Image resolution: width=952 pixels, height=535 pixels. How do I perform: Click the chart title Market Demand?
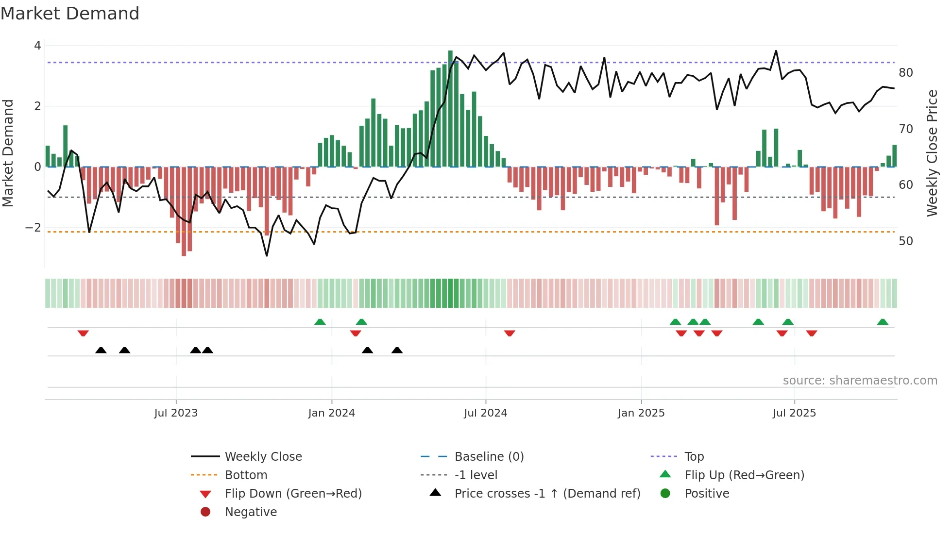70,14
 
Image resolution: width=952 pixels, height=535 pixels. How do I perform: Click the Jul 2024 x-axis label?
485,413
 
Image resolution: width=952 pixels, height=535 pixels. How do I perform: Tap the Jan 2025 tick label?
641,413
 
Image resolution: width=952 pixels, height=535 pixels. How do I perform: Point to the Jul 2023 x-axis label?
176,413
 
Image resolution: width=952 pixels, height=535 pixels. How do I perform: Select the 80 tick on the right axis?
905,73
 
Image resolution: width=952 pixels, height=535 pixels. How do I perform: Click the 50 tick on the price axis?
905,241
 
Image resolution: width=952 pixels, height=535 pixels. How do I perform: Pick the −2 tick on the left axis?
33,228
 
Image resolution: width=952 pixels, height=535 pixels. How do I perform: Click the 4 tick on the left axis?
37,46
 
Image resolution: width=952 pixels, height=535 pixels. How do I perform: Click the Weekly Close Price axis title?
932,153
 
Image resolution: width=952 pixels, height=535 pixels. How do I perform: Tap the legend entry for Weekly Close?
263,457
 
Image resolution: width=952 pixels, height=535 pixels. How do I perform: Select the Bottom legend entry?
246,475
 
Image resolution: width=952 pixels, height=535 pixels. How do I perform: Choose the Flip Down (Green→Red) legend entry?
293,494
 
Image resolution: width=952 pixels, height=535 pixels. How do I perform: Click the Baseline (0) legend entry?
489,457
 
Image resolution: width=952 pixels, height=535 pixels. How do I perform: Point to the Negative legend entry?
251,512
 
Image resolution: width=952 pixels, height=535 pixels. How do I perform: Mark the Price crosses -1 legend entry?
547,494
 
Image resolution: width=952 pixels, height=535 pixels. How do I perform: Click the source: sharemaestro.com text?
860,381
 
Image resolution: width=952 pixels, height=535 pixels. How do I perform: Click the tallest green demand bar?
450,109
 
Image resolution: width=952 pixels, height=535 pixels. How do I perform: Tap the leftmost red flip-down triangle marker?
83,333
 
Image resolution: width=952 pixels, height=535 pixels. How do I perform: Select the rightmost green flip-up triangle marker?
883,322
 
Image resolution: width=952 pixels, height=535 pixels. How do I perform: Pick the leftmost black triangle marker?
101,350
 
